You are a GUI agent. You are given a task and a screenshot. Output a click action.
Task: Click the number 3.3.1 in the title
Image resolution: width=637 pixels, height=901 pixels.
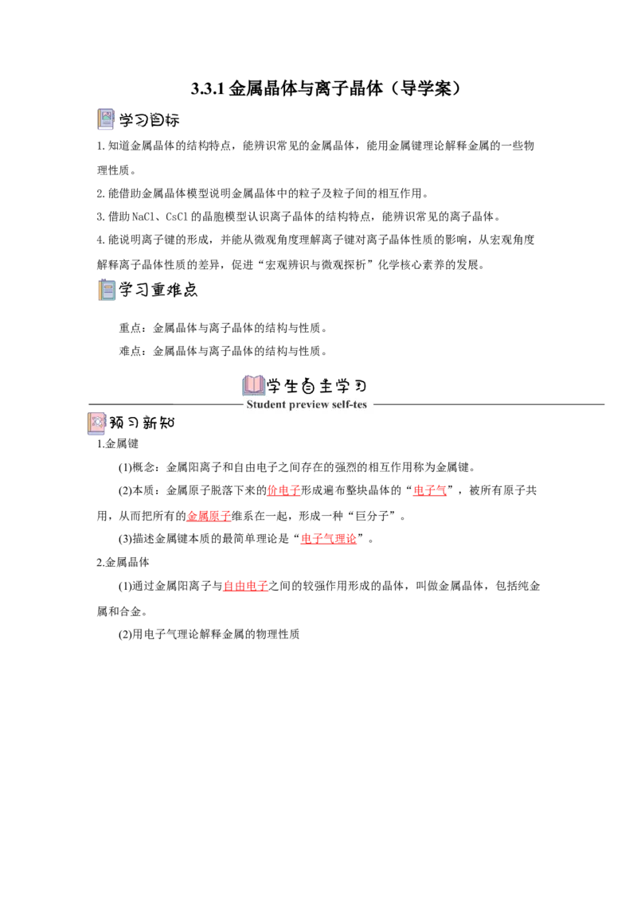tap(208, 88)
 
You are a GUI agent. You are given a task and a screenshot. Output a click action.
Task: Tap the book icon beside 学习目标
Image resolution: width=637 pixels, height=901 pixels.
tap(106, 119)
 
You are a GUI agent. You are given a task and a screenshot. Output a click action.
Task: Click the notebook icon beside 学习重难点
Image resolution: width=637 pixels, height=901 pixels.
tap(107, 290)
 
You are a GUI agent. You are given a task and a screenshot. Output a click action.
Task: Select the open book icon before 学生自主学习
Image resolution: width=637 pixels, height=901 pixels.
tap(253, 385)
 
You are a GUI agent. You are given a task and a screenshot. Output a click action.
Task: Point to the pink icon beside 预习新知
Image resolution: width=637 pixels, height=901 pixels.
tap(97, 423)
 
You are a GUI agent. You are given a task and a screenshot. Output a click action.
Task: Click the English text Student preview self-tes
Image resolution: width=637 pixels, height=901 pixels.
tap(307, 404)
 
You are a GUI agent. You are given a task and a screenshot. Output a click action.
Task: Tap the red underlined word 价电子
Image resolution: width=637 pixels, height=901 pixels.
tap(284, 490)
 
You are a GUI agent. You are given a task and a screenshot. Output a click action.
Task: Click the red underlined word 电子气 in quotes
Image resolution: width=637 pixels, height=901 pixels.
tap(430, 490)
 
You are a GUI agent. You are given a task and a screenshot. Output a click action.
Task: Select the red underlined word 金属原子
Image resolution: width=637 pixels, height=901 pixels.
tap(209, 516)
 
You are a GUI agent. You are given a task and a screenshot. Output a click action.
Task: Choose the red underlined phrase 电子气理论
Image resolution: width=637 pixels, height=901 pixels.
tap(329, 538)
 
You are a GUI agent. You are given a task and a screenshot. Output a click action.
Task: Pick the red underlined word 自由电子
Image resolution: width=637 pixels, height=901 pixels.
tap(245, 586)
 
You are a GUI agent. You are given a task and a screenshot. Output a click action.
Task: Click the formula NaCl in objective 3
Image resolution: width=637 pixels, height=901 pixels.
tap(143, 216)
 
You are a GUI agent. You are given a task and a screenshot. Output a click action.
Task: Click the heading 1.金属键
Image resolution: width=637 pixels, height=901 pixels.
tap(118, 443)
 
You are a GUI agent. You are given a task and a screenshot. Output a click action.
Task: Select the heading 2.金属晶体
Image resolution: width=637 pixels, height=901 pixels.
tap(123, 562)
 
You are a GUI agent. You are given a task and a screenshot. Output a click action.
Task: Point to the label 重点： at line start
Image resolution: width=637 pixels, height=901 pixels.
tap(135, 328)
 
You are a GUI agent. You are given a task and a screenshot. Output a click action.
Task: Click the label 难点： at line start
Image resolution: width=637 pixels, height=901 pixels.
tap(135, 350)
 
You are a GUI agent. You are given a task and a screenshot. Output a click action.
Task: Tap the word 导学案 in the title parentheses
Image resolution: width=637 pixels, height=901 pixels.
tap(427, 88)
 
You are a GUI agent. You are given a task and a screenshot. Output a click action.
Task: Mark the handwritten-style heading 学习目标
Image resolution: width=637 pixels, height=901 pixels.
tap(150, 120)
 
